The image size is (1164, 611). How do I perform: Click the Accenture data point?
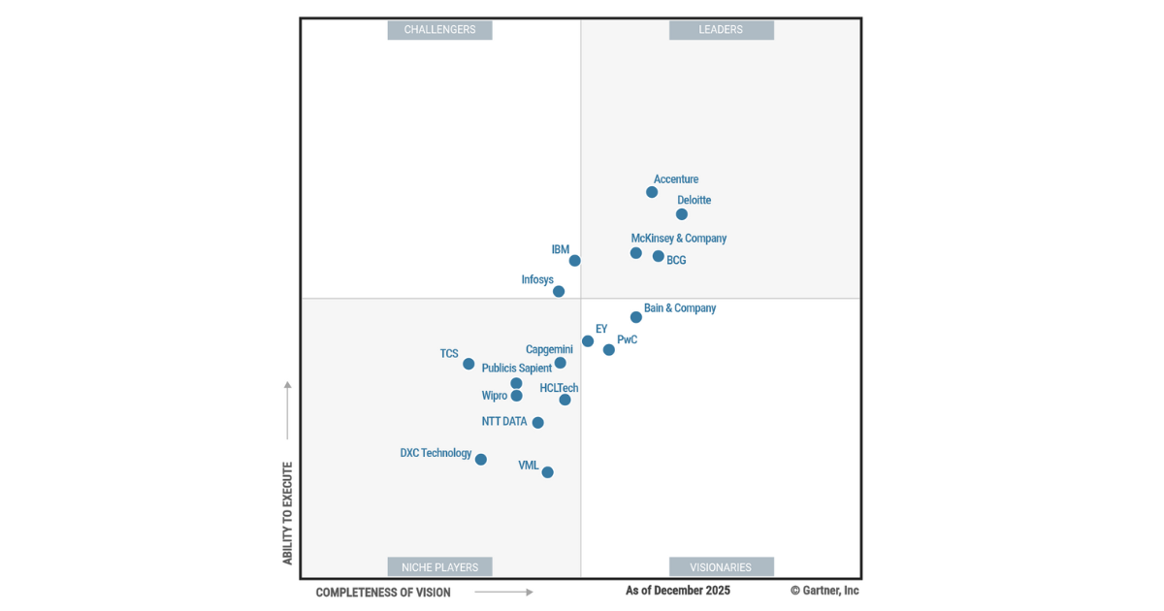click(x=652, y=192)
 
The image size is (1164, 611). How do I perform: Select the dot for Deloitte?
click(x=682, y=214)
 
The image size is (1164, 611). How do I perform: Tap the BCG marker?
click(x=659, y=256)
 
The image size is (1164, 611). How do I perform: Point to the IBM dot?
click(x=575, y=260)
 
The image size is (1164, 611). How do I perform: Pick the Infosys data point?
click(x=559, y=291)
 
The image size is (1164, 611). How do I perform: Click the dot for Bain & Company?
click(x=636, y=317)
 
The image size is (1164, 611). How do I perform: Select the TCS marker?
click(x=469, y=364)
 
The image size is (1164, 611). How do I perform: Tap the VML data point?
click(x=548, y=472)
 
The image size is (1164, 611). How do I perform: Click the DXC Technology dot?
click(x=481, y=460)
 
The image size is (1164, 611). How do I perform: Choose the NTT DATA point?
click(x=538, y=423)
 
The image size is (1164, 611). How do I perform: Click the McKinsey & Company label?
click(x=678, y=239)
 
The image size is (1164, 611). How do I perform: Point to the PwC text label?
click(x=627, y=340)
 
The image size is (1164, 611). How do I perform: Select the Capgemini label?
click(x=549, y=350)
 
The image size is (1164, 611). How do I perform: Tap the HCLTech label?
click(x=559, y=389)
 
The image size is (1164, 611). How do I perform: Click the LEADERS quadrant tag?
click(x=721, y=30)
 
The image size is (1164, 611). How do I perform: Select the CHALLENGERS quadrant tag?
click(x=439, y=30)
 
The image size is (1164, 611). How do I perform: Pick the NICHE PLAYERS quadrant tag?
click(x=439, y=567)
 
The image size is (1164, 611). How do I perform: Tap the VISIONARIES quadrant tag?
click(x=721, y=567)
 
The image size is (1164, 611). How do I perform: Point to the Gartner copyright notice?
click(x=824, y=591)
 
